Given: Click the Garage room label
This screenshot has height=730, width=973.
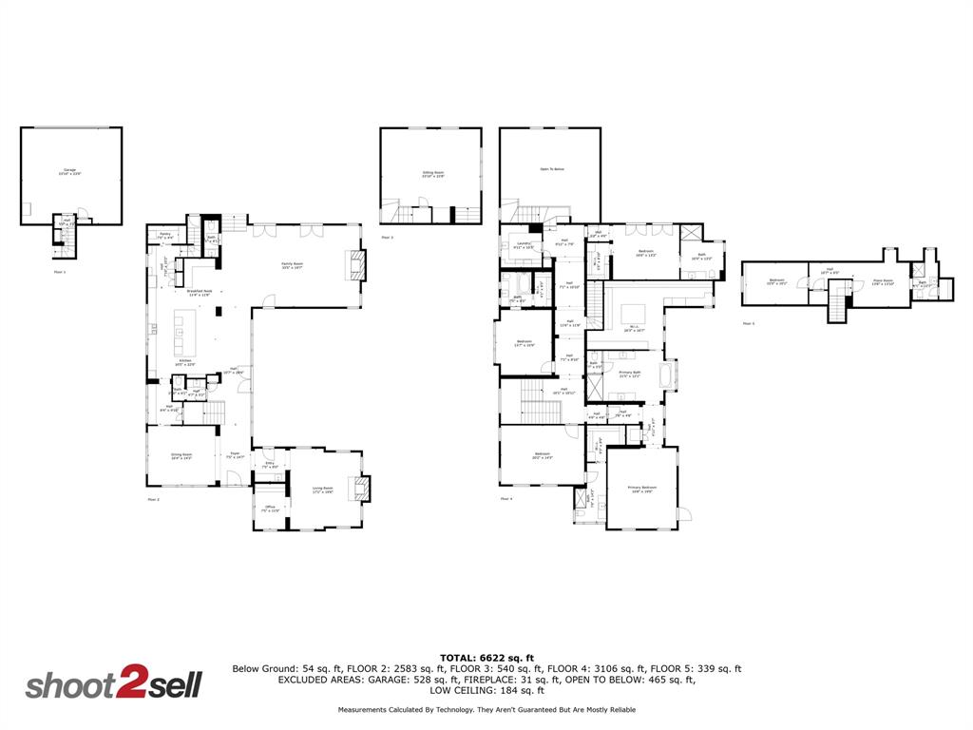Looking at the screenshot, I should pyautogui.click(x=70, y=172).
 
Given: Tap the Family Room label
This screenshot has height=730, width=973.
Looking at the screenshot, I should pyautogui.click(x=292, y=265).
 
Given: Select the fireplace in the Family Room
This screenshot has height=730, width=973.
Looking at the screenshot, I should pyautogui.click(x=355, y=265).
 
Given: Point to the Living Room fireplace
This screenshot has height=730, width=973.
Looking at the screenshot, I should pyautogui.click(x=361, y=489).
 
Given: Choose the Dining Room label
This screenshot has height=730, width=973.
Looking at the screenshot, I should pyautogui.click(x=181, y=457).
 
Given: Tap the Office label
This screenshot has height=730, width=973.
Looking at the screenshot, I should pyautogui.click(x=270, y=509).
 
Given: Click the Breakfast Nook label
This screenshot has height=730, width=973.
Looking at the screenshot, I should pyautogui.click(x=199, y=293).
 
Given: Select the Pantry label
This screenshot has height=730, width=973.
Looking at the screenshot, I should pyautogui.click(x=164, y=235).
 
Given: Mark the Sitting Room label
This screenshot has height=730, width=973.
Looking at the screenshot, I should pyautogui.click(x=433, y=175).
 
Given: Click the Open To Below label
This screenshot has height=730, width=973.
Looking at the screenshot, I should pyautogui.click(x=552, y=169).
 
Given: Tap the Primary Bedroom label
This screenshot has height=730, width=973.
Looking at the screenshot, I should pyautogui.click(x=642, y=490).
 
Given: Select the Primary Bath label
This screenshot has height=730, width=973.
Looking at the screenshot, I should pyautogui.click(x=631, y=374).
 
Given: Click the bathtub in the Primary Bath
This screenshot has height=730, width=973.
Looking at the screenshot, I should pyautogui.click(x=670, y=376).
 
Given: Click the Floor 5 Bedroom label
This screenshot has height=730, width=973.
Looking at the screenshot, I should pyautogui.click(x=776, y=281).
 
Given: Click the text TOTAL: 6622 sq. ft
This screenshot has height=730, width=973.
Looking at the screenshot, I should pyautogui.click(x=486, y=658).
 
